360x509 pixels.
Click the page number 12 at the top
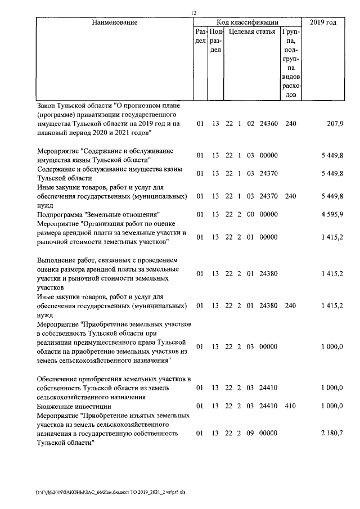(193, 12)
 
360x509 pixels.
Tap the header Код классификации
(247, 22)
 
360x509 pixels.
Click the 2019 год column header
(323, 22)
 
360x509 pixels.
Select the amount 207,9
(335, 123)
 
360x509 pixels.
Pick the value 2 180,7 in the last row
(332, 434)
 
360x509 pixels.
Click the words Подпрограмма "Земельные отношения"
(98, 214)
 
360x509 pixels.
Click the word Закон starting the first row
(47, 105)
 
